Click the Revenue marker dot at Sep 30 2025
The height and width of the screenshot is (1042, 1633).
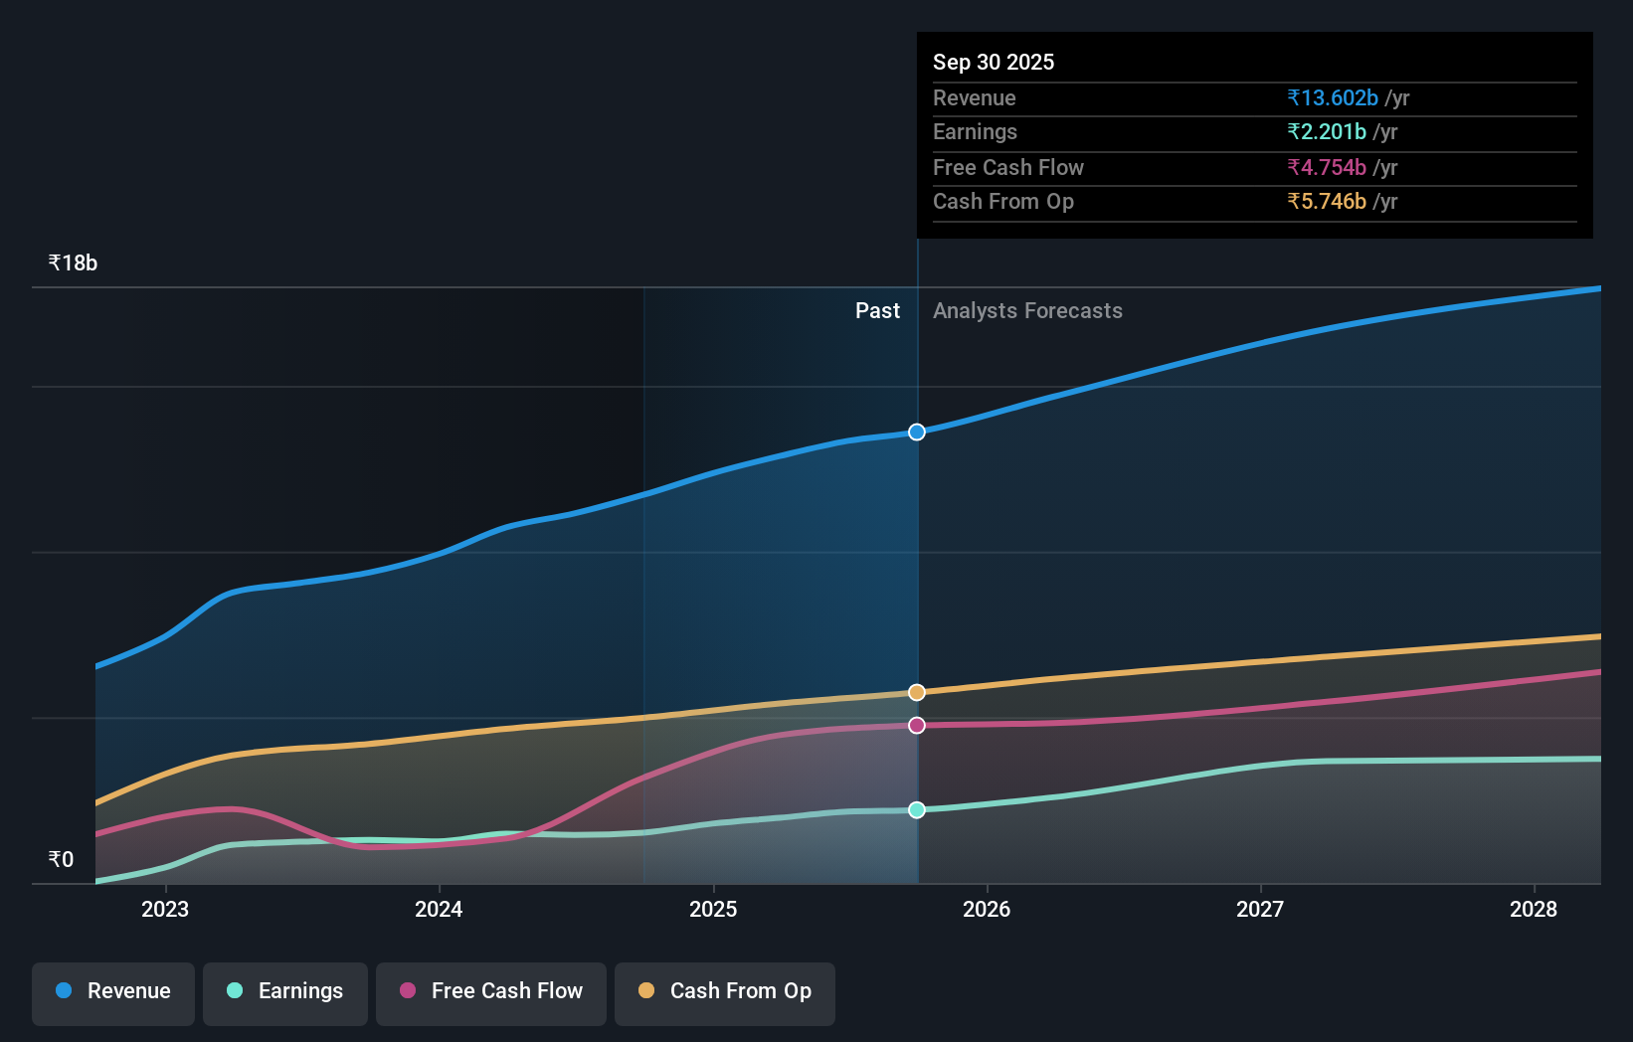[x=917, y=432]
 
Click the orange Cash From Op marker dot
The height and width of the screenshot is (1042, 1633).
[x=917, y=692]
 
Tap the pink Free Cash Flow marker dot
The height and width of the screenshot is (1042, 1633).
[x=917, y=725]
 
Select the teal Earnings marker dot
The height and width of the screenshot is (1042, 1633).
[x=917, y=809]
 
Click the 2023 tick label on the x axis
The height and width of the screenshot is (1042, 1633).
[x=165, y=909]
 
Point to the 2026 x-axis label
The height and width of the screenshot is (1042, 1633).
[x=987, y=909]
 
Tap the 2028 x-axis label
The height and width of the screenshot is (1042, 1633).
[x=1534, y=909]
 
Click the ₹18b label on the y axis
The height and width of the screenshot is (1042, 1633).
[x=73, y=263]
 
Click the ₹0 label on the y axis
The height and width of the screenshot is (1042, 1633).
[x=61, y=859]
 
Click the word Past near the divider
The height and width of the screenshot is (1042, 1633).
[x=877, y=311]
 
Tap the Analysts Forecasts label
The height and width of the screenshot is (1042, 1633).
[x=1027, y=311]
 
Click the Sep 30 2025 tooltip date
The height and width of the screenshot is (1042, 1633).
[x=994, y=62]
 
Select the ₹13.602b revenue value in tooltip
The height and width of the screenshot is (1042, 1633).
[x=1333, y=97]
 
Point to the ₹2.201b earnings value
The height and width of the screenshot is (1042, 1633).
[x=1327, y=131]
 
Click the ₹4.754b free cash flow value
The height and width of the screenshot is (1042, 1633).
[x=1327, y=167]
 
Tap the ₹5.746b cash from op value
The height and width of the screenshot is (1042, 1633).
[x=1327, y=201]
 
